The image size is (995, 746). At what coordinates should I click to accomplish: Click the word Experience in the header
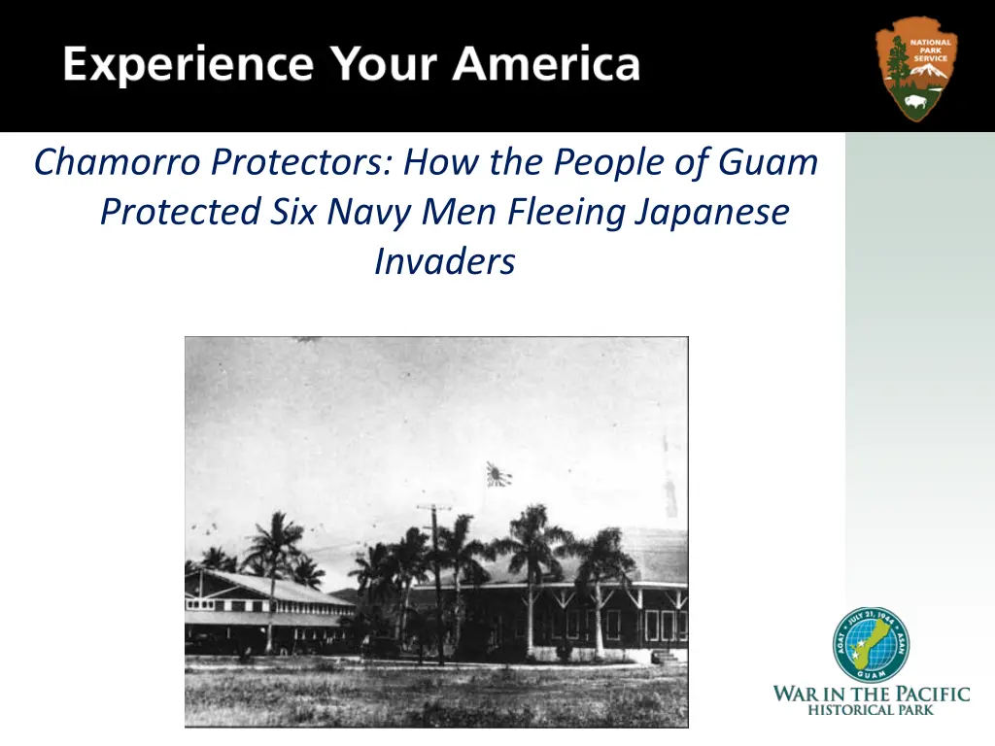coord(189,65)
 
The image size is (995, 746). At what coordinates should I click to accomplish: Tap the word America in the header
coord(546,63)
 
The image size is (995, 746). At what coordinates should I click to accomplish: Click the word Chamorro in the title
coord(118,162)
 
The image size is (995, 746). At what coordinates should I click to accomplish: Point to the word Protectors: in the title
coord(303,162)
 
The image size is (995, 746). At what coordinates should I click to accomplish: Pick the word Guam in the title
coord(768,162)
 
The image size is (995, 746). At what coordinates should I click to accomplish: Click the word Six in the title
coord(292,211)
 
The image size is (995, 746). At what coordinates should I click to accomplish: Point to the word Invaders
coord(445,261)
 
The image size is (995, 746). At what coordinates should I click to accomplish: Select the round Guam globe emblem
coord(871,645)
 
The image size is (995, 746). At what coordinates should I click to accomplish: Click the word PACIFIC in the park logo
coord(932,694)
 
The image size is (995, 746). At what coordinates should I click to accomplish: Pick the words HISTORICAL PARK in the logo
coord(871,709)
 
